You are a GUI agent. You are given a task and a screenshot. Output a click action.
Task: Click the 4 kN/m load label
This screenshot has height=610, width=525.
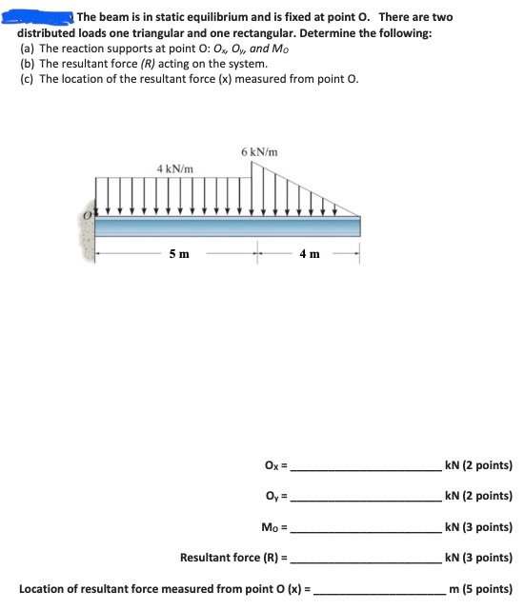coord(176,168)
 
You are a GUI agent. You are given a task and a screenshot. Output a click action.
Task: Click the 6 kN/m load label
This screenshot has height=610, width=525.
coord(259,152)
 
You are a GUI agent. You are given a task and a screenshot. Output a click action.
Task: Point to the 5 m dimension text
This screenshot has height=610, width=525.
coord(179,254)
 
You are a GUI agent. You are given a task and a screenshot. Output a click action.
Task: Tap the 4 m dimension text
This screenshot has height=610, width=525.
coord(308,254)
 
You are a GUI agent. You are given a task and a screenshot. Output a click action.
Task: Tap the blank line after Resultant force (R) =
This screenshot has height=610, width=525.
coord(367,561)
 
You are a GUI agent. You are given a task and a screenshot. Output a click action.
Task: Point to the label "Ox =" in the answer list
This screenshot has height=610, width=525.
coord(274,466)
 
